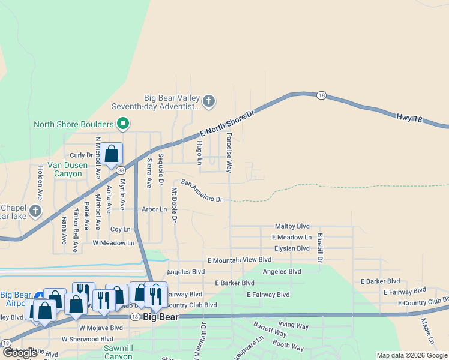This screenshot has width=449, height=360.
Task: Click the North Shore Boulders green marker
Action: coord(123,124)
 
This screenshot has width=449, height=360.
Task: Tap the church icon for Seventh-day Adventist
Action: coord(209,101)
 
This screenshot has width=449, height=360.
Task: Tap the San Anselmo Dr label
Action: coord(202,191)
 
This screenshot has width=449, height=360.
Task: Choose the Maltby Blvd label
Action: coord(292,226)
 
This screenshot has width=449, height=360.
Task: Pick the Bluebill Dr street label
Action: coord(320,247)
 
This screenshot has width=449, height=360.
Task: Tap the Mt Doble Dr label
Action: coord(174,205)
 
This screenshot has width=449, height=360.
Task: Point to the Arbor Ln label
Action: coord(154,209)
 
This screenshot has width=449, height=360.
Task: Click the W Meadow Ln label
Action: coord(113,243)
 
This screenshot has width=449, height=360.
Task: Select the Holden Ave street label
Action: coord(40,182)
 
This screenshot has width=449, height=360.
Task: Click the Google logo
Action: coord(20,352)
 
